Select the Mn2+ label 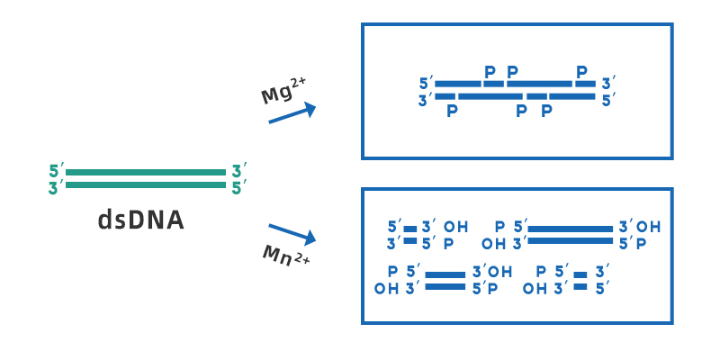[x=285, y=256]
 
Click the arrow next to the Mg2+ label [x=292, y=113]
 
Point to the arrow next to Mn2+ [x=292, y=233]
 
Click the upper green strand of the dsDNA [x=146, y=172]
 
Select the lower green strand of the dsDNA [x=146, y=185]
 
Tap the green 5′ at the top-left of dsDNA [x=57, y=171]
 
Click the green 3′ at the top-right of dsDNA [x=238, y=171]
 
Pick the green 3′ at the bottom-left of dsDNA [x=57, y=187]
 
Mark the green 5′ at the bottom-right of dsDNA [x=238, y=187]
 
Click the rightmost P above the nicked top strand [x=581, y=71]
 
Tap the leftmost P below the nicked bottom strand [x=452, y=111]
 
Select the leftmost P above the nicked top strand [x=490, y=71]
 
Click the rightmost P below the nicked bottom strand [x=545, y=111]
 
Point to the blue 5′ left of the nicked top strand [x=425, y=84]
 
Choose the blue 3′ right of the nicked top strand [x=609, y=84]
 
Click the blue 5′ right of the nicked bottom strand [x=609, y=99]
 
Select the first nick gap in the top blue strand [x=481, y=84]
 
